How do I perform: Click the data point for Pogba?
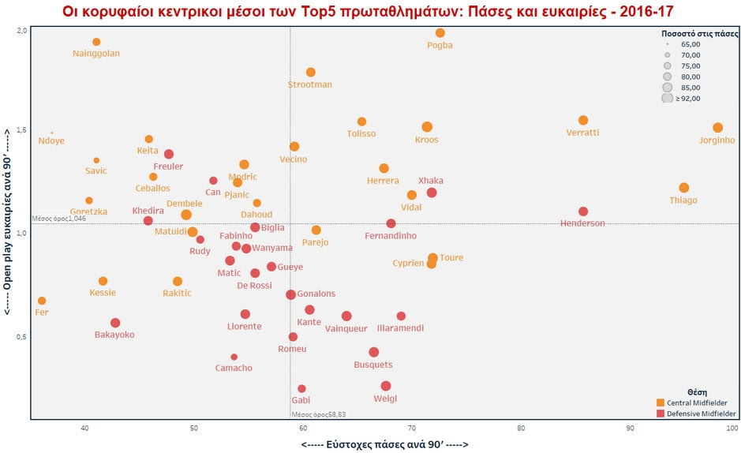pos(440,33)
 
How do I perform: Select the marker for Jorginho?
pos(717,128)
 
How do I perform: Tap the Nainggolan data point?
pos(96,42)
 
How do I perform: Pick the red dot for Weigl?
pos(386,386)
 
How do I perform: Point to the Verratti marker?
pos(583,121)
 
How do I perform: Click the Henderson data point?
pos(583,212)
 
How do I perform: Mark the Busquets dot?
pos(374,352)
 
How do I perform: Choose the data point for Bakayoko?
pos(115,323)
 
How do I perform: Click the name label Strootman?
pos(310,84)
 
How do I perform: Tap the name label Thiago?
pos(683,200)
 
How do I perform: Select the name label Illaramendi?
pos(401,328)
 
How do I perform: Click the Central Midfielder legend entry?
pos(694,402)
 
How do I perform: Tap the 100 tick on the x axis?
pos(732,429)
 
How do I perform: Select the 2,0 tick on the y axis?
pos(21,30)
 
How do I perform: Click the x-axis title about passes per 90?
pos(384,445)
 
